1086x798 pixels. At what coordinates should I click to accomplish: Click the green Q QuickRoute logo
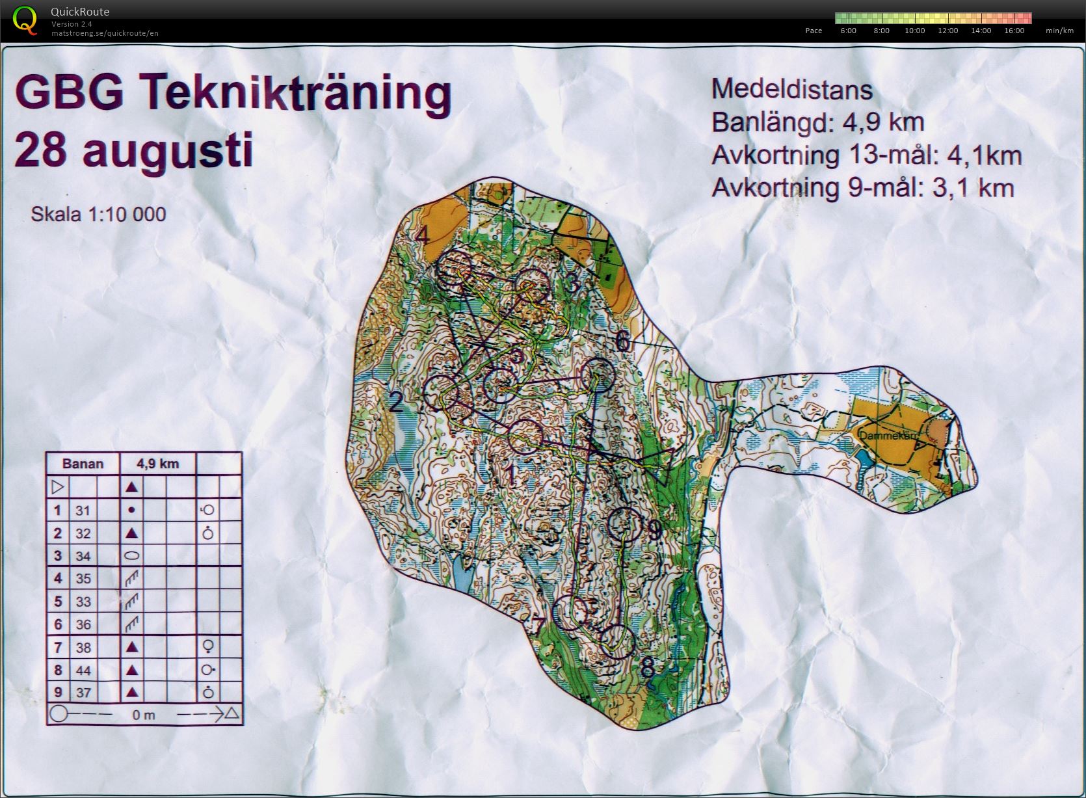click(x=25, y=20)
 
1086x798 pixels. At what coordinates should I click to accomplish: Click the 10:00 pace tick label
click(x=914, y=31)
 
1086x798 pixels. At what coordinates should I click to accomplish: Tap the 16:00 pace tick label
click(x=1014, y=31)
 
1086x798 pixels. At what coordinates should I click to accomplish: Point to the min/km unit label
click(x=1059, y=31)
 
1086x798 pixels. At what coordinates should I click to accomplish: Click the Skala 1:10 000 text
click(x=98, y=214)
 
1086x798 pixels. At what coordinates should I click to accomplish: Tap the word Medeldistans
click(x=791, y=89)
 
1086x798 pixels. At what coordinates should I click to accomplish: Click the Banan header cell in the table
click(x=83, y=464)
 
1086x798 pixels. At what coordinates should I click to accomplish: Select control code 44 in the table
click(x=83, y=670)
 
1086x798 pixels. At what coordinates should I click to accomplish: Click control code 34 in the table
click(x=83, y=556)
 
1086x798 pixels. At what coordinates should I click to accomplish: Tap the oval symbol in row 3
click(x=131, y=556)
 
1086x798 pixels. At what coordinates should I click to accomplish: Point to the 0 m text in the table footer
click(x=144, y=715)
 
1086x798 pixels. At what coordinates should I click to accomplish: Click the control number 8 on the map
click(x=648, y=669)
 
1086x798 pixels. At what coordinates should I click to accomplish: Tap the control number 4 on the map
click(x=423, y=235)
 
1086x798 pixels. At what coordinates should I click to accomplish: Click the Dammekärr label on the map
click(x=882, y=436)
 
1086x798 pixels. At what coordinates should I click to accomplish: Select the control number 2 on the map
click(x=396, y=403)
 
